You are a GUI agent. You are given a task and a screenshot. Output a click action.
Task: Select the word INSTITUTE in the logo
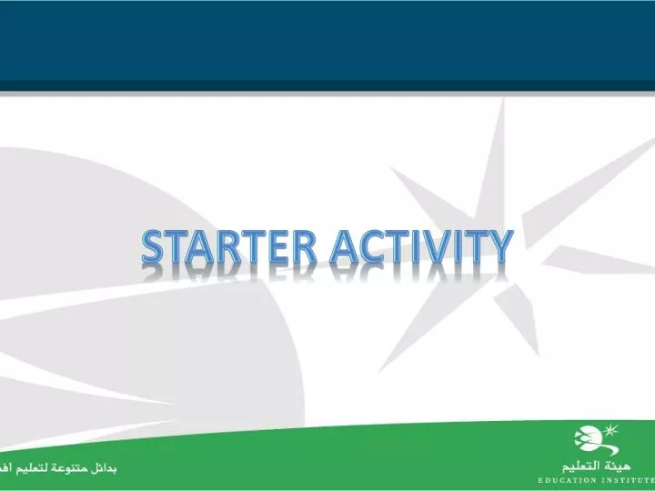[630, 478]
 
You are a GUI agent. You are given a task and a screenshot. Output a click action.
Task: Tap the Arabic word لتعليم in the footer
[32, 468]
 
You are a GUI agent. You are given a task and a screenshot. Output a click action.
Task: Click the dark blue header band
[327, 41]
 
